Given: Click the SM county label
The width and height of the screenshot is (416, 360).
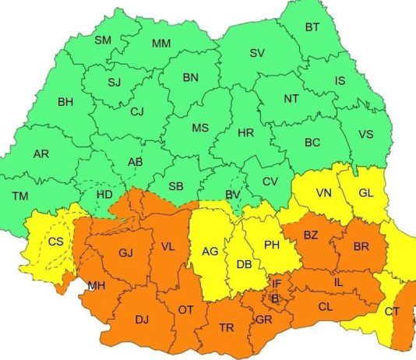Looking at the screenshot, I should pos(103,40).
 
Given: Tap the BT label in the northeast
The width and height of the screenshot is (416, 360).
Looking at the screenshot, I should pos(312,27).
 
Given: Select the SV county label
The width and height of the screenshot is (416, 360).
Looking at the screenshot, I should pos(257,53).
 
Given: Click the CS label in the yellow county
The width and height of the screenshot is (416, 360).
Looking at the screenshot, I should pos(56,242).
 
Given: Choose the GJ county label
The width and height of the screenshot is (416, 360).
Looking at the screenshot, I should pos(126,253).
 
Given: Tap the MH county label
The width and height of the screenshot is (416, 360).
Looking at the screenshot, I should pos(97,286).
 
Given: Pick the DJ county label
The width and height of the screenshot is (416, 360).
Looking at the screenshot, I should pos(141,319).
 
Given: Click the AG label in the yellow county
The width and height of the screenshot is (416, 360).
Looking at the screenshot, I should pos(210,252).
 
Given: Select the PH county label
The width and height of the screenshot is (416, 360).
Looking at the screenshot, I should pos(272,245).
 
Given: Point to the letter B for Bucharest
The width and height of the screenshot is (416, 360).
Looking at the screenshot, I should pos(274,297).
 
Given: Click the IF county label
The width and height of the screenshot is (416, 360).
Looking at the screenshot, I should pos(277,284).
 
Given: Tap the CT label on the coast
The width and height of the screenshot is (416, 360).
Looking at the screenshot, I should pos(392,312).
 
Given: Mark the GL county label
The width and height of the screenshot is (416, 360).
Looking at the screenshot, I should pos(365,193).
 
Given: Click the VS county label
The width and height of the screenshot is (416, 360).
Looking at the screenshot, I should pos(365,134).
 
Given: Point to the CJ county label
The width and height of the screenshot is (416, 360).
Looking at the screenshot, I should pos(137,112).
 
